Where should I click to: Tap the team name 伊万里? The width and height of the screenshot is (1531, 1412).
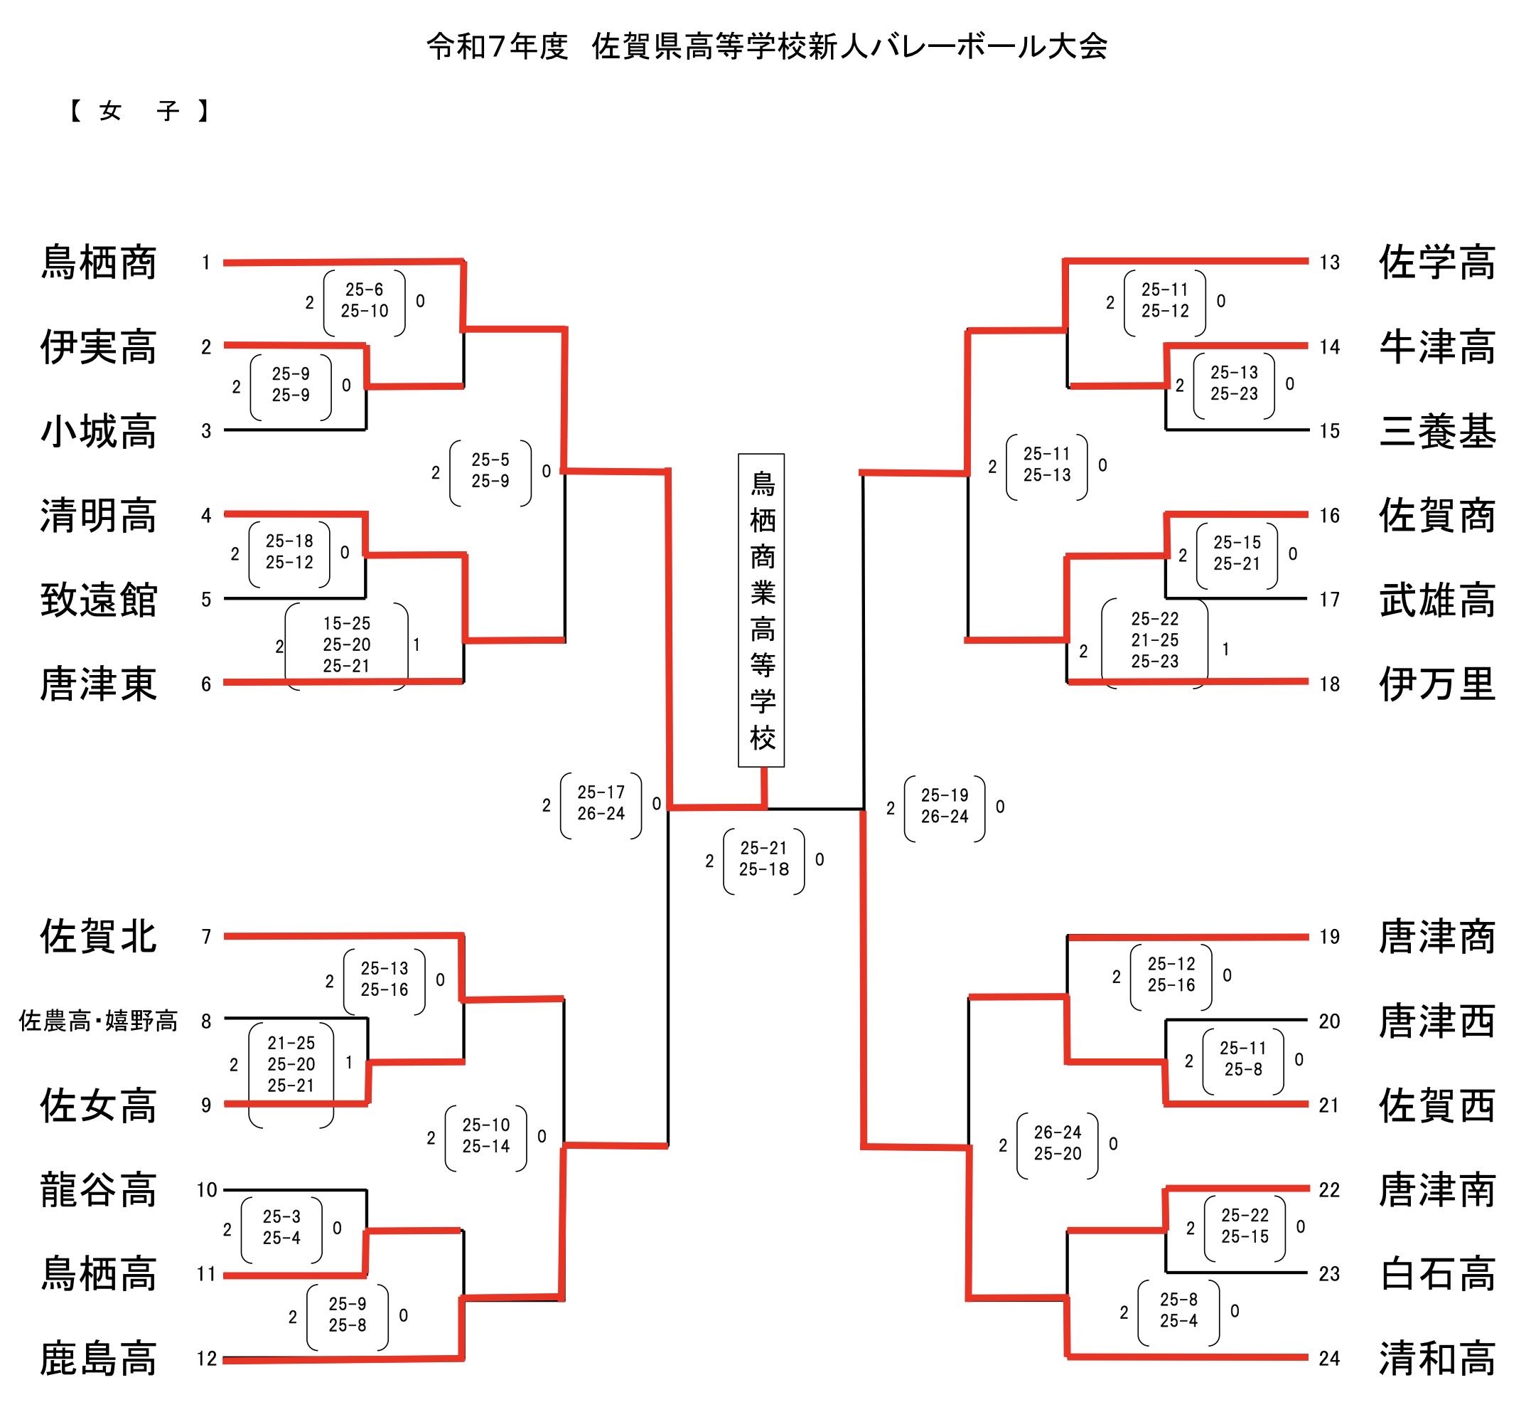[x=1436, y=684]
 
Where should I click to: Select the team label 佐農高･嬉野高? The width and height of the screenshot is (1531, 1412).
[x=99, y=1021]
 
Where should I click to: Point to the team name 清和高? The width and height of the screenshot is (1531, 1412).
[x=1436, y=1359]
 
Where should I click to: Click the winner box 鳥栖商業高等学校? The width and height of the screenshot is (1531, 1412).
[x=761, y=610]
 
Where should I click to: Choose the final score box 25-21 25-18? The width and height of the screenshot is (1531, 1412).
[x=763, y=859]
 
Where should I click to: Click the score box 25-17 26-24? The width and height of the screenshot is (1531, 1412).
[x=601, y=803]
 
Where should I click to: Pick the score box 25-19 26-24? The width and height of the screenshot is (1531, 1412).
[x=945, y=806]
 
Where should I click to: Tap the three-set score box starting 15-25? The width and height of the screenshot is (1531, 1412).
[x=347, y=645]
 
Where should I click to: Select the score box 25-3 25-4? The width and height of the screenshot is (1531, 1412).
[x=281, y=1227]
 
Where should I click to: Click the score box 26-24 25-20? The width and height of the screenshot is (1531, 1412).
[x=1058, y=1143]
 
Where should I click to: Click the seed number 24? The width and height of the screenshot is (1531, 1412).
[x=1329, y=1359]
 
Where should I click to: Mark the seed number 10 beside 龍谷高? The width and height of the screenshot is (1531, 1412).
[x=207, y=1189]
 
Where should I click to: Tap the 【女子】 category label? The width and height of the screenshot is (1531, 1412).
[x=139, y=112]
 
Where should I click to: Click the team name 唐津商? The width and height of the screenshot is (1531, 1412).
[x=1436, y=937]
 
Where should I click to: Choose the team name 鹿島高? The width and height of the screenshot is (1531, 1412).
[x=99, y=1359]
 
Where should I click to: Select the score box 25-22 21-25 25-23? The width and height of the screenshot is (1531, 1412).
[x=1154, y=640]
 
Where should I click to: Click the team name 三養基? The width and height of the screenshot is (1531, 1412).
[x=1436, y=431]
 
